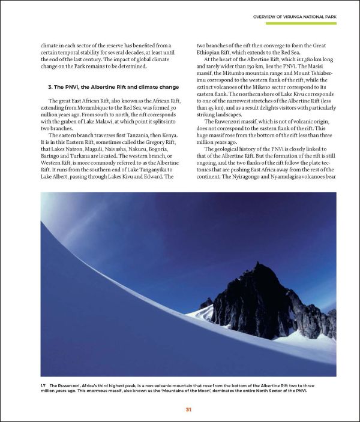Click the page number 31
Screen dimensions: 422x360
pos(188,409)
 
